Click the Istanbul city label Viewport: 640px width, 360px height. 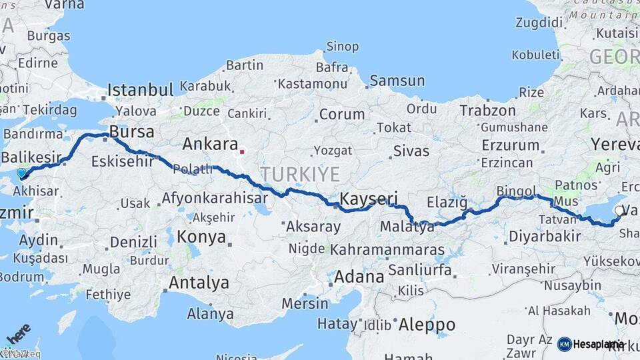pos(141,90)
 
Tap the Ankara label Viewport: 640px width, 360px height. pos(210,144)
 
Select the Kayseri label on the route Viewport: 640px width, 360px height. pos(369,199)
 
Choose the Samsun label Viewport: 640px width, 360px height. pos(397,81)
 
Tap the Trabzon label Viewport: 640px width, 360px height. pos(487,111)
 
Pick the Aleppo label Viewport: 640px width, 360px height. pos(427,325)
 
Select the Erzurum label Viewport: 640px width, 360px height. pos(511,145)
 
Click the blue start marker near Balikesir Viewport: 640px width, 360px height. pos(21,173)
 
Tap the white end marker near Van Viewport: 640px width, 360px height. pos(620,212)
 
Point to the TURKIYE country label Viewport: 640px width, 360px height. pos(300,174)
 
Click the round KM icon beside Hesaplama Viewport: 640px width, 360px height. pos(565,344)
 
